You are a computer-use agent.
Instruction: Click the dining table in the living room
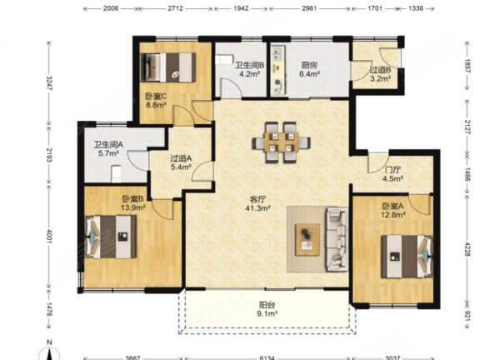point(282,142)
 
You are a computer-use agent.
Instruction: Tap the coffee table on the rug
point(307,239)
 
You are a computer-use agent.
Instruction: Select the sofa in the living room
point(337,239)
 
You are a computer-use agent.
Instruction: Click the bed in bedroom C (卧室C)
point(168,67)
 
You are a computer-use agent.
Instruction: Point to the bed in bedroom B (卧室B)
point(111,237)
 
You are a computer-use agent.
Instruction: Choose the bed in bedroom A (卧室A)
point(407,257)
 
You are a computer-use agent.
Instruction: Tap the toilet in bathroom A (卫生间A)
point(117,174)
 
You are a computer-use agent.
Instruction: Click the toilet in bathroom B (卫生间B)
point(222,59)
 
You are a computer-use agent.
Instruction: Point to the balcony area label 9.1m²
point(267,314)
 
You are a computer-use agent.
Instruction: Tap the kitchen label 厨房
point(309,65)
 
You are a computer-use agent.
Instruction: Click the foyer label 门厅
point(392,170)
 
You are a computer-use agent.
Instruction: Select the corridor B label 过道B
point(380,70)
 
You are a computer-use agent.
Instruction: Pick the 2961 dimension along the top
point(309,8)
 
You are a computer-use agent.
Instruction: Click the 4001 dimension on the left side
point(48,237)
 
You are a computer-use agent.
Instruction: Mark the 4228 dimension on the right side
point(467,248)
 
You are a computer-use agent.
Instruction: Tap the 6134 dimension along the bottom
point(267,357)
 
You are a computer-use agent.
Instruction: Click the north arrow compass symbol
point(49,351)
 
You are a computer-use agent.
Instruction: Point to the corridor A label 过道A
point(181,157)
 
